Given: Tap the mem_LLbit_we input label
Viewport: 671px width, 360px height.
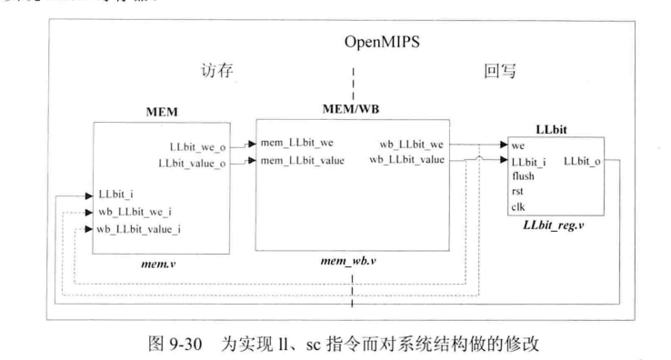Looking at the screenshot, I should click(x=300, y=145).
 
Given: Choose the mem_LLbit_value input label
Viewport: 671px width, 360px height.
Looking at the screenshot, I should click(x=305, y=161).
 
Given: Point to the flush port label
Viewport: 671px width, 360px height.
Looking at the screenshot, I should click(x=525, y=177).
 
